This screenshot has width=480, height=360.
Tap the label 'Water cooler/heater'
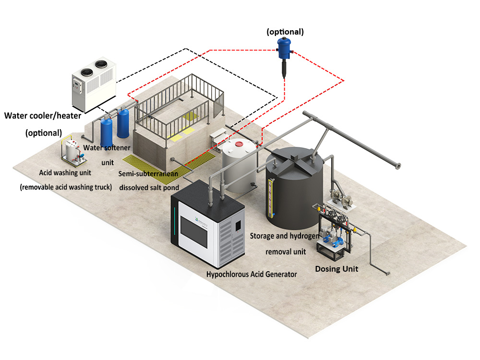coord(43,115)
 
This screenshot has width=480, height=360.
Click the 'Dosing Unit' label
coord(336,269)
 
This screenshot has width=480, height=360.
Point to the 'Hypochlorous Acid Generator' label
coord(252,275)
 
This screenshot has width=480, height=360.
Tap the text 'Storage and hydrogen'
coord(284,236)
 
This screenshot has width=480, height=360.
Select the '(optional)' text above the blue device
coord(286,32)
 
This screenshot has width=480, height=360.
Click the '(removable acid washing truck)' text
coord(66,187)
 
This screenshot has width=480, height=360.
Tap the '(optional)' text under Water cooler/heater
coord(44,133)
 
